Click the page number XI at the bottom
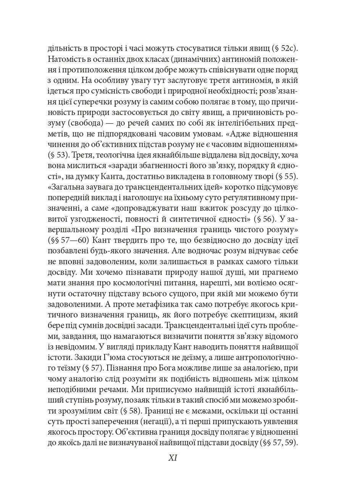173,458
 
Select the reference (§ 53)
58,155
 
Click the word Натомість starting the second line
68,60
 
